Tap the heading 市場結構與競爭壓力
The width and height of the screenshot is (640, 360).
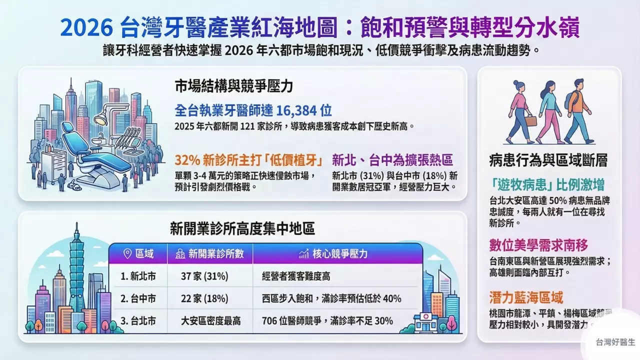click(x=233, y=85)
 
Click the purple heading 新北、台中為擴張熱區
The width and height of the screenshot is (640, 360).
click(x=392, y=160)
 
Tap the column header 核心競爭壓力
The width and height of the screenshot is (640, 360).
click(x=333, y=253)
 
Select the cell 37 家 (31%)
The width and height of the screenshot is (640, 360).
click(x=204, y=276)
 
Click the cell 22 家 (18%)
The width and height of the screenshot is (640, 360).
click(x=204, y=298)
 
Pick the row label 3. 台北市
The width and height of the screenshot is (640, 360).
click(x=138, y=320)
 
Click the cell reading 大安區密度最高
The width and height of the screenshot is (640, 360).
click(x=210, y=320)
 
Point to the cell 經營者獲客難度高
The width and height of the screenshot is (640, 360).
click(x=295, y=276)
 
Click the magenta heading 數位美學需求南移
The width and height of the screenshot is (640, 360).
click(x=538, y=245)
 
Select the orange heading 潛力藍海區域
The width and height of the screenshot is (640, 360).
click(x=526, y=298)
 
